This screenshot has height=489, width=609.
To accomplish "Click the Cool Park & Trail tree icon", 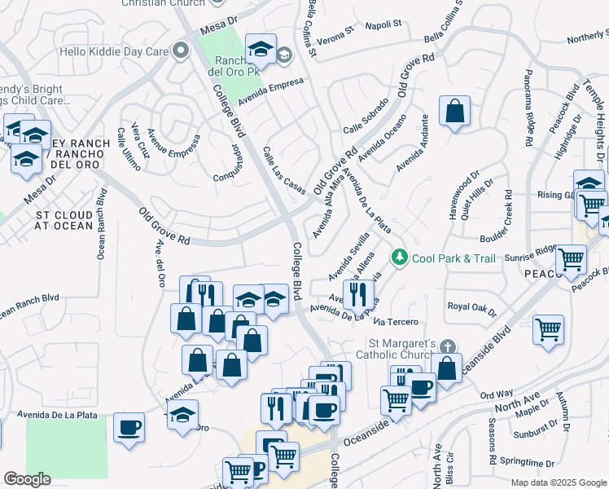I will [399, 258].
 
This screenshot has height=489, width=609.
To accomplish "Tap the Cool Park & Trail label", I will [453, 258].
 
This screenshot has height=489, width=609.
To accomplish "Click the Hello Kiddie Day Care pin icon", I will [180, 51].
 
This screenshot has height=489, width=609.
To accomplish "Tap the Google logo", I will [27, 479].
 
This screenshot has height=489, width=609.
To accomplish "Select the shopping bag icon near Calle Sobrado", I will [454, 113].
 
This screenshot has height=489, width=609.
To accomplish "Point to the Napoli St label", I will [386, 24].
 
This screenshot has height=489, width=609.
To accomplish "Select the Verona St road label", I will [336, 35].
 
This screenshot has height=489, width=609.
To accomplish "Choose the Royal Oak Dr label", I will [472, 307].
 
